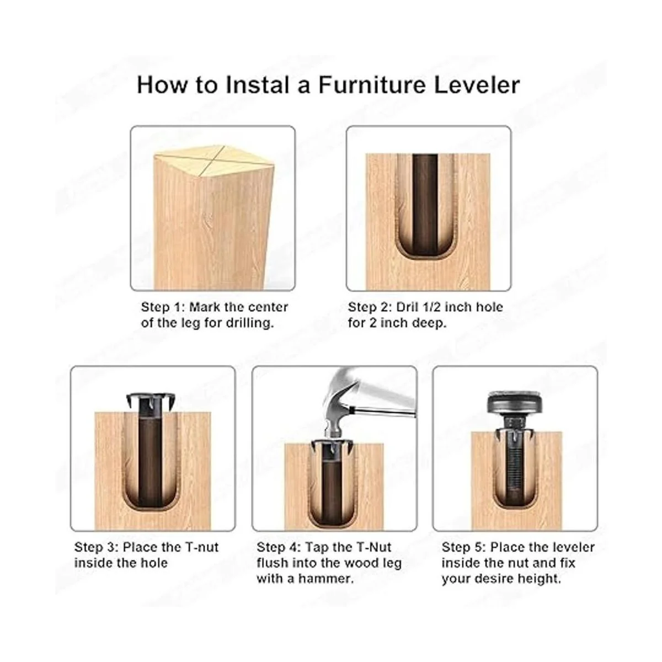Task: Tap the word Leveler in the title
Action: (477, 85)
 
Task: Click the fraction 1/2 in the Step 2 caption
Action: (424, 307)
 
